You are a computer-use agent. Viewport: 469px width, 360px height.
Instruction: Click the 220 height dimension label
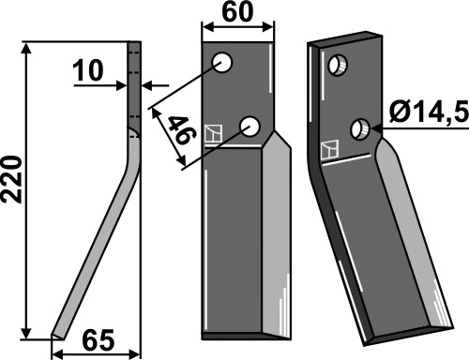click(12, 180)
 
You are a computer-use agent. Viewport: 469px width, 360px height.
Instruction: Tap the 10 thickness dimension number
click(87, 70)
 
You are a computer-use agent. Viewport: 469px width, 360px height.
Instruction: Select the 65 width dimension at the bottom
click(98, 340)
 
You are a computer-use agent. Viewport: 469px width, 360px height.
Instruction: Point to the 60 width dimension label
click(237, 12)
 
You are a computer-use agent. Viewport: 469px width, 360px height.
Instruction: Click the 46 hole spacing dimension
click(182, 129)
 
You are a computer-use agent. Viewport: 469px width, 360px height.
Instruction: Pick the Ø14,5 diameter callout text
click(430, 112)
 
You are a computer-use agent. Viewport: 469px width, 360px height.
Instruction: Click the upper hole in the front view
click(222, 63)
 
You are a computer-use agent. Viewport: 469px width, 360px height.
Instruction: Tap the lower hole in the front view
click(250, 127)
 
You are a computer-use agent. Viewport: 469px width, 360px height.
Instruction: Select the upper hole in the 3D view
click(338, 66)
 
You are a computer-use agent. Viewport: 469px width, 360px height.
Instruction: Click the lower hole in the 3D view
click(360, 129)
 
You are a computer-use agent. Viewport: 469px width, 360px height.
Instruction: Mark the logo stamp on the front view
click(213, 134)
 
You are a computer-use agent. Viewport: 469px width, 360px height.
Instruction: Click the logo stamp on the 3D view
click(330, 150)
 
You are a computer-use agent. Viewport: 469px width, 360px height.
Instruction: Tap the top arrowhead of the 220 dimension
click(27, 49)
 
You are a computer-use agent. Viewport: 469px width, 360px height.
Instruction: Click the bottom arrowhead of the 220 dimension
click(27, 332)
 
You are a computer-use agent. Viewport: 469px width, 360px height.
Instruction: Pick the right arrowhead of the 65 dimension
click(134, 354)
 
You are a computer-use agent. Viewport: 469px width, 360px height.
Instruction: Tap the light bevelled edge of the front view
click(277, 234)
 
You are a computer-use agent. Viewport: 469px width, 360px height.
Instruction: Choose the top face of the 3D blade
click(345, 39)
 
